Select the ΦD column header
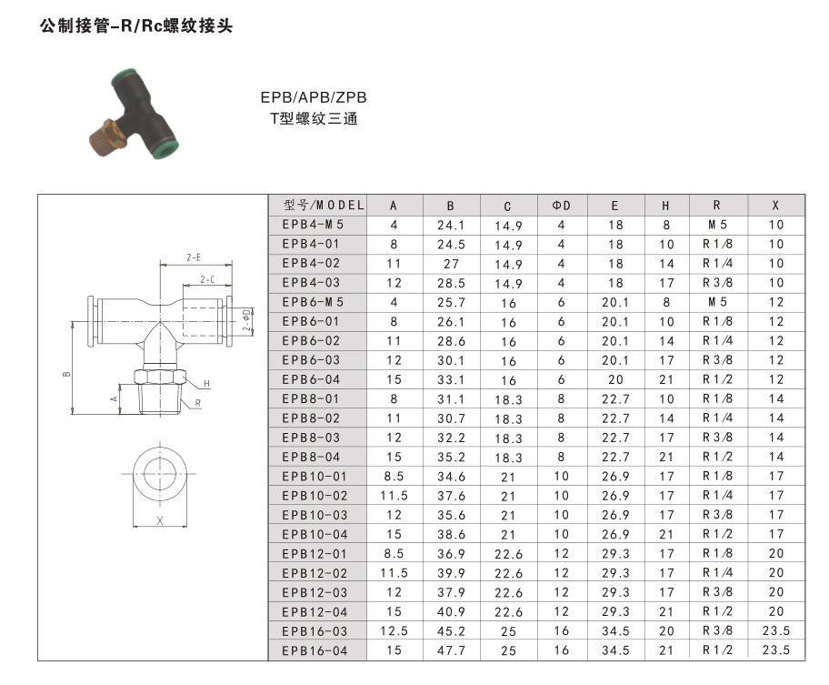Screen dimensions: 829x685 coord(562,206)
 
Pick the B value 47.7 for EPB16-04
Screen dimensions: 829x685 coord(451,650)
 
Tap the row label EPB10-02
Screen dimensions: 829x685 coord(315,496)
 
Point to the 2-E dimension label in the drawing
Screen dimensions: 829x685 coord(194,257)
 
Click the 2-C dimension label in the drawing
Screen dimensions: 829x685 coord(207,279)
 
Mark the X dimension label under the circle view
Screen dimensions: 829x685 coord(160,520)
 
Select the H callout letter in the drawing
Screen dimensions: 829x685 coord(206,384)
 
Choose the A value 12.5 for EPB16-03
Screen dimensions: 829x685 coord(394,630)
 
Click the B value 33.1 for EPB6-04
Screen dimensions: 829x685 coord(451,379)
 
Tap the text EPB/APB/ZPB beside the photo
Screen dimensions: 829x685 coord(314,97)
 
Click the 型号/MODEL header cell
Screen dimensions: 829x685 coord(324,206)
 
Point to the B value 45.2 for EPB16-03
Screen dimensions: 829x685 coord(451,630)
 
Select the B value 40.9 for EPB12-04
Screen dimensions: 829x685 coord(451,611)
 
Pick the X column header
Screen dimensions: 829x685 coord(775,206)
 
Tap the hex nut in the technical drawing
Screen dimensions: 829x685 coord(159,377)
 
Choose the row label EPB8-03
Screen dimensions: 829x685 coord(311,438)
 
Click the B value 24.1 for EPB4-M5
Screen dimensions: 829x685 coord(451,225)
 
